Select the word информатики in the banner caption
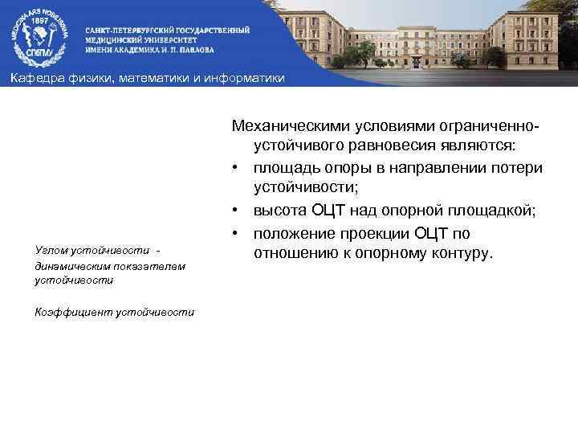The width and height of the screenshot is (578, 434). click(x=247, y=77)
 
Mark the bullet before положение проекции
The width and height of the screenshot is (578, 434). click(x=238, y=234)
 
